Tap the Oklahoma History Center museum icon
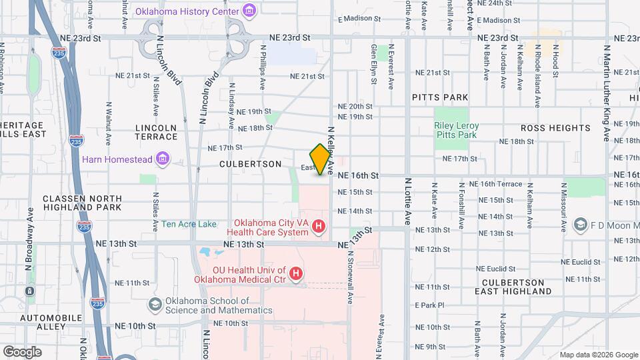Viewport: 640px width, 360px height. [249, 10]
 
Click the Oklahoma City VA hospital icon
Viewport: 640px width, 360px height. [319, 227]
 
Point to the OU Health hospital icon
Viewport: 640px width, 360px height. [295, 274]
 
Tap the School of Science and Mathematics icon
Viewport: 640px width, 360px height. [155, 305]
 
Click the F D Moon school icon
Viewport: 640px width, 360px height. [579, 225]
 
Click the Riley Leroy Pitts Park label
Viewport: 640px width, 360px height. [457, 130]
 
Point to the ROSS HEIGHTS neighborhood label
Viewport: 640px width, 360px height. [555, 127]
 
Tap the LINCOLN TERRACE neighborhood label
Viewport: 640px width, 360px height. [156, 132]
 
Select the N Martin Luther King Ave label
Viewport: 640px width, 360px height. [607, 93]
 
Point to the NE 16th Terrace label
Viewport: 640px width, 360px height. [495, 183]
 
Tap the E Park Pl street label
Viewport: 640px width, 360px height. [429, 305]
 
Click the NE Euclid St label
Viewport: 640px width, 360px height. [583, 262]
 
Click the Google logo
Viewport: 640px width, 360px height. [22, 351]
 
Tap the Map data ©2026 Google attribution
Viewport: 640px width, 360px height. [598, 354]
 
